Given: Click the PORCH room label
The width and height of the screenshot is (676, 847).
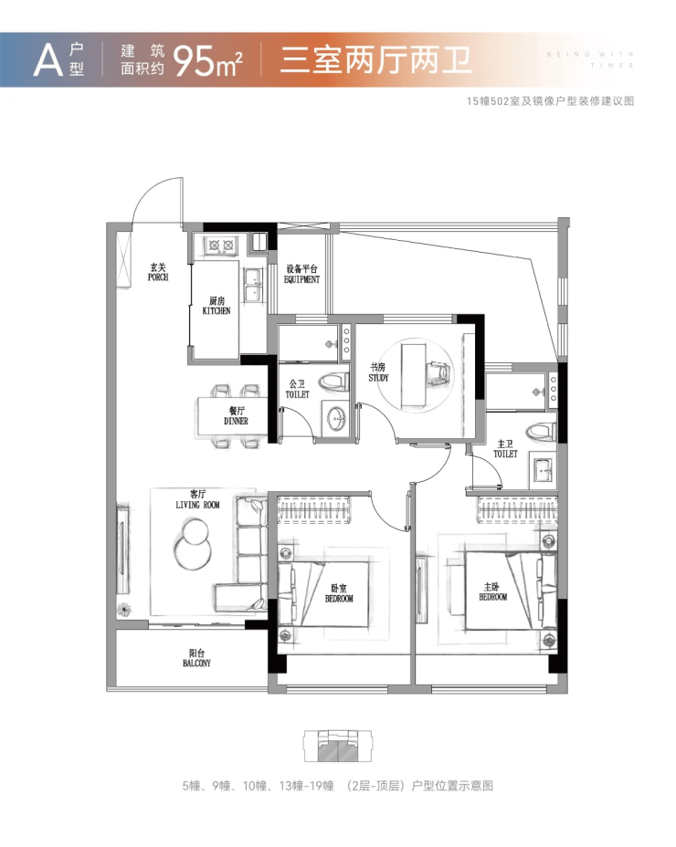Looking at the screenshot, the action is (x=158, y=272).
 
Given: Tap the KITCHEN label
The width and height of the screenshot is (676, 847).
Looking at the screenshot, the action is (x=217, y=306).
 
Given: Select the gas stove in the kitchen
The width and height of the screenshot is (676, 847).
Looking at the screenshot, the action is (x=222, y=246).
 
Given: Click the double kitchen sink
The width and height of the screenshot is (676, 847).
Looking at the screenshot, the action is (x=252, y=284).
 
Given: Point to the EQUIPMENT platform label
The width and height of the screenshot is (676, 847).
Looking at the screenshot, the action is (x=301, y=275).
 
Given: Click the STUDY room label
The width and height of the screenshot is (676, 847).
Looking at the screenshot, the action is (x=378, y=372).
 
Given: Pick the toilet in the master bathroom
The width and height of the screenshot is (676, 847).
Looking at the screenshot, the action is (x=542, y=431).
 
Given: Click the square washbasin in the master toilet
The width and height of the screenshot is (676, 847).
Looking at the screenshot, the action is (x=543, y=468).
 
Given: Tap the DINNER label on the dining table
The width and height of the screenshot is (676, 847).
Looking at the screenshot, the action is (x=236, y=416).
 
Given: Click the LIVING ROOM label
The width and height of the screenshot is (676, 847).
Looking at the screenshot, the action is (x=197, y=499).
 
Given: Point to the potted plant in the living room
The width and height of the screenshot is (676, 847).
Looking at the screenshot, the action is (x=124, y=610).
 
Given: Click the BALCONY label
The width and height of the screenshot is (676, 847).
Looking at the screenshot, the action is (x=196, y=658).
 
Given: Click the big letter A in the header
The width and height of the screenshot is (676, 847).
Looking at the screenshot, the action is (x=48, y=60).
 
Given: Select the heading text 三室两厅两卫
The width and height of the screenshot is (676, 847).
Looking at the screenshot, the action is (x=375, y=60).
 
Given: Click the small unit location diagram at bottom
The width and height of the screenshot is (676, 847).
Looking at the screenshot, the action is (x=337, y=746).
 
